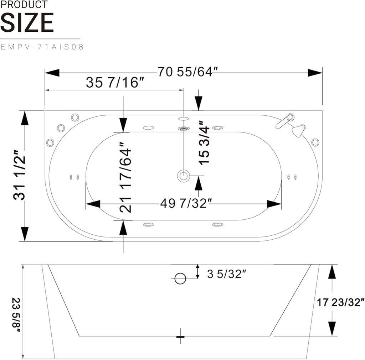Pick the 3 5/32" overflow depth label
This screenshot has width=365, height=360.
[x=227, y=274]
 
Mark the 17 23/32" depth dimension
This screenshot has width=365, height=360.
[x=340, y=303]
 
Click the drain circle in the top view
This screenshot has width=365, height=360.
[x=184, y=176]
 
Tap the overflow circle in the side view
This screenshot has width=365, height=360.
[x=180, y=278]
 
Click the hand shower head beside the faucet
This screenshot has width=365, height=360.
[x=298, y=131]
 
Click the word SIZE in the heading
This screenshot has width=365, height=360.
[x=27, y=23]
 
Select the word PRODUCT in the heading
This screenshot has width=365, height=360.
[x=24, y=5]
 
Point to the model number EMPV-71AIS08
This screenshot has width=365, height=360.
[x=42, y=47]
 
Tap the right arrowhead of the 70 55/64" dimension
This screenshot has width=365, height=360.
[x=315, y=73]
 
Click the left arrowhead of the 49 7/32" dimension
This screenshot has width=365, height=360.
[x=93, y=204]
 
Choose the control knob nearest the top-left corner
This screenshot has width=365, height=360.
[x=75, y=117]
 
